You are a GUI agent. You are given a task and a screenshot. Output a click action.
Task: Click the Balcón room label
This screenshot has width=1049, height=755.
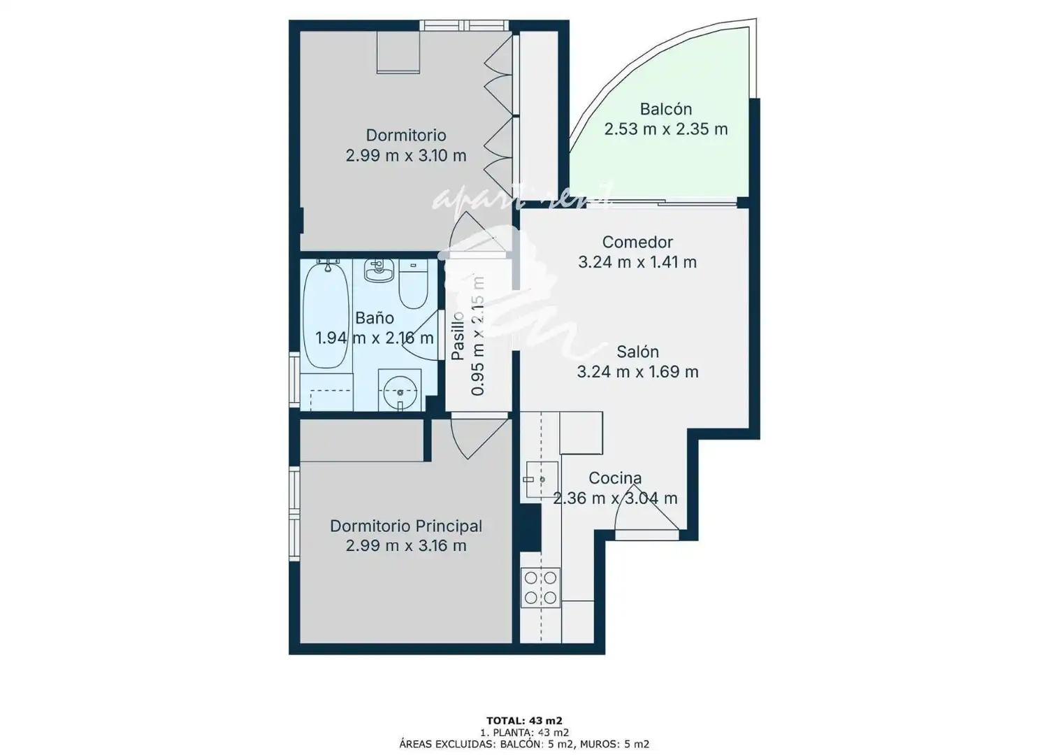(x=665, y=109)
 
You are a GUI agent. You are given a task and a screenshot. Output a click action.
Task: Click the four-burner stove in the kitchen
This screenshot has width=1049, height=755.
(x=540, y=587)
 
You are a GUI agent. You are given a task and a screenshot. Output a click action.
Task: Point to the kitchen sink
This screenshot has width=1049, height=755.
(x=542, y=479)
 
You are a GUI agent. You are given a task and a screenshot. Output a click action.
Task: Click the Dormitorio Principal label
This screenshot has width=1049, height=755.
(x=406, y=526)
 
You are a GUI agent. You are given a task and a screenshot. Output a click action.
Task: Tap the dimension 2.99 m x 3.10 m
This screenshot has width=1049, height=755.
(x=406, y=155)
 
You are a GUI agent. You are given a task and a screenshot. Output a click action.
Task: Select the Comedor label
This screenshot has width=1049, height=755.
(x=637, y=242)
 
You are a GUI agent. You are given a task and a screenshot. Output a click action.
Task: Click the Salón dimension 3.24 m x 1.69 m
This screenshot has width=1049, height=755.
(x=637, y=372)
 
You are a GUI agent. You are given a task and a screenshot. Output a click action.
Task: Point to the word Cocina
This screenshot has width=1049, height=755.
(x=615, y=478)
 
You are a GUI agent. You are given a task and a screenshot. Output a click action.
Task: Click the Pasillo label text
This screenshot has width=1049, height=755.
(x=458, y=336)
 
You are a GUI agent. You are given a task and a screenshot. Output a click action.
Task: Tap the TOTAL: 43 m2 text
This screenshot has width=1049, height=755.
(x=524, y=721)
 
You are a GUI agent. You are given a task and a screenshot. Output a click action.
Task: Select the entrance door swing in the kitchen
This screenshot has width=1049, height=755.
(x=646, y=513)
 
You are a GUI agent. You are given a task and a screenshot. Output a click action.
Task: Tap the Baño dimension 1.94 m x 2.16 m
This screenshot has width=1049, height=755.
(x=374, y=338)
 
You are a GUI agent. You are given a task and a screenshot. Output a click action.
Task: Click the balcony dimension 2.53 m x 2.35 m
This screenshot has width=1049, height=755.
(x=665, y=129)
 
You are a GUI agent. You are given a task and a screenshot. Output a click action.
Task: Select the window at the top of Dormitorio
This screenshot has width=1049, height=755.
(x=464, y=25)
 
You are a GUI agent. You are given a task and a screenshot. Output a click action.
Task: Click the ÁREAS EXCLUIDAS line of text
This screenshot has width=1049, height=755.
(x=524, y=744)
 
